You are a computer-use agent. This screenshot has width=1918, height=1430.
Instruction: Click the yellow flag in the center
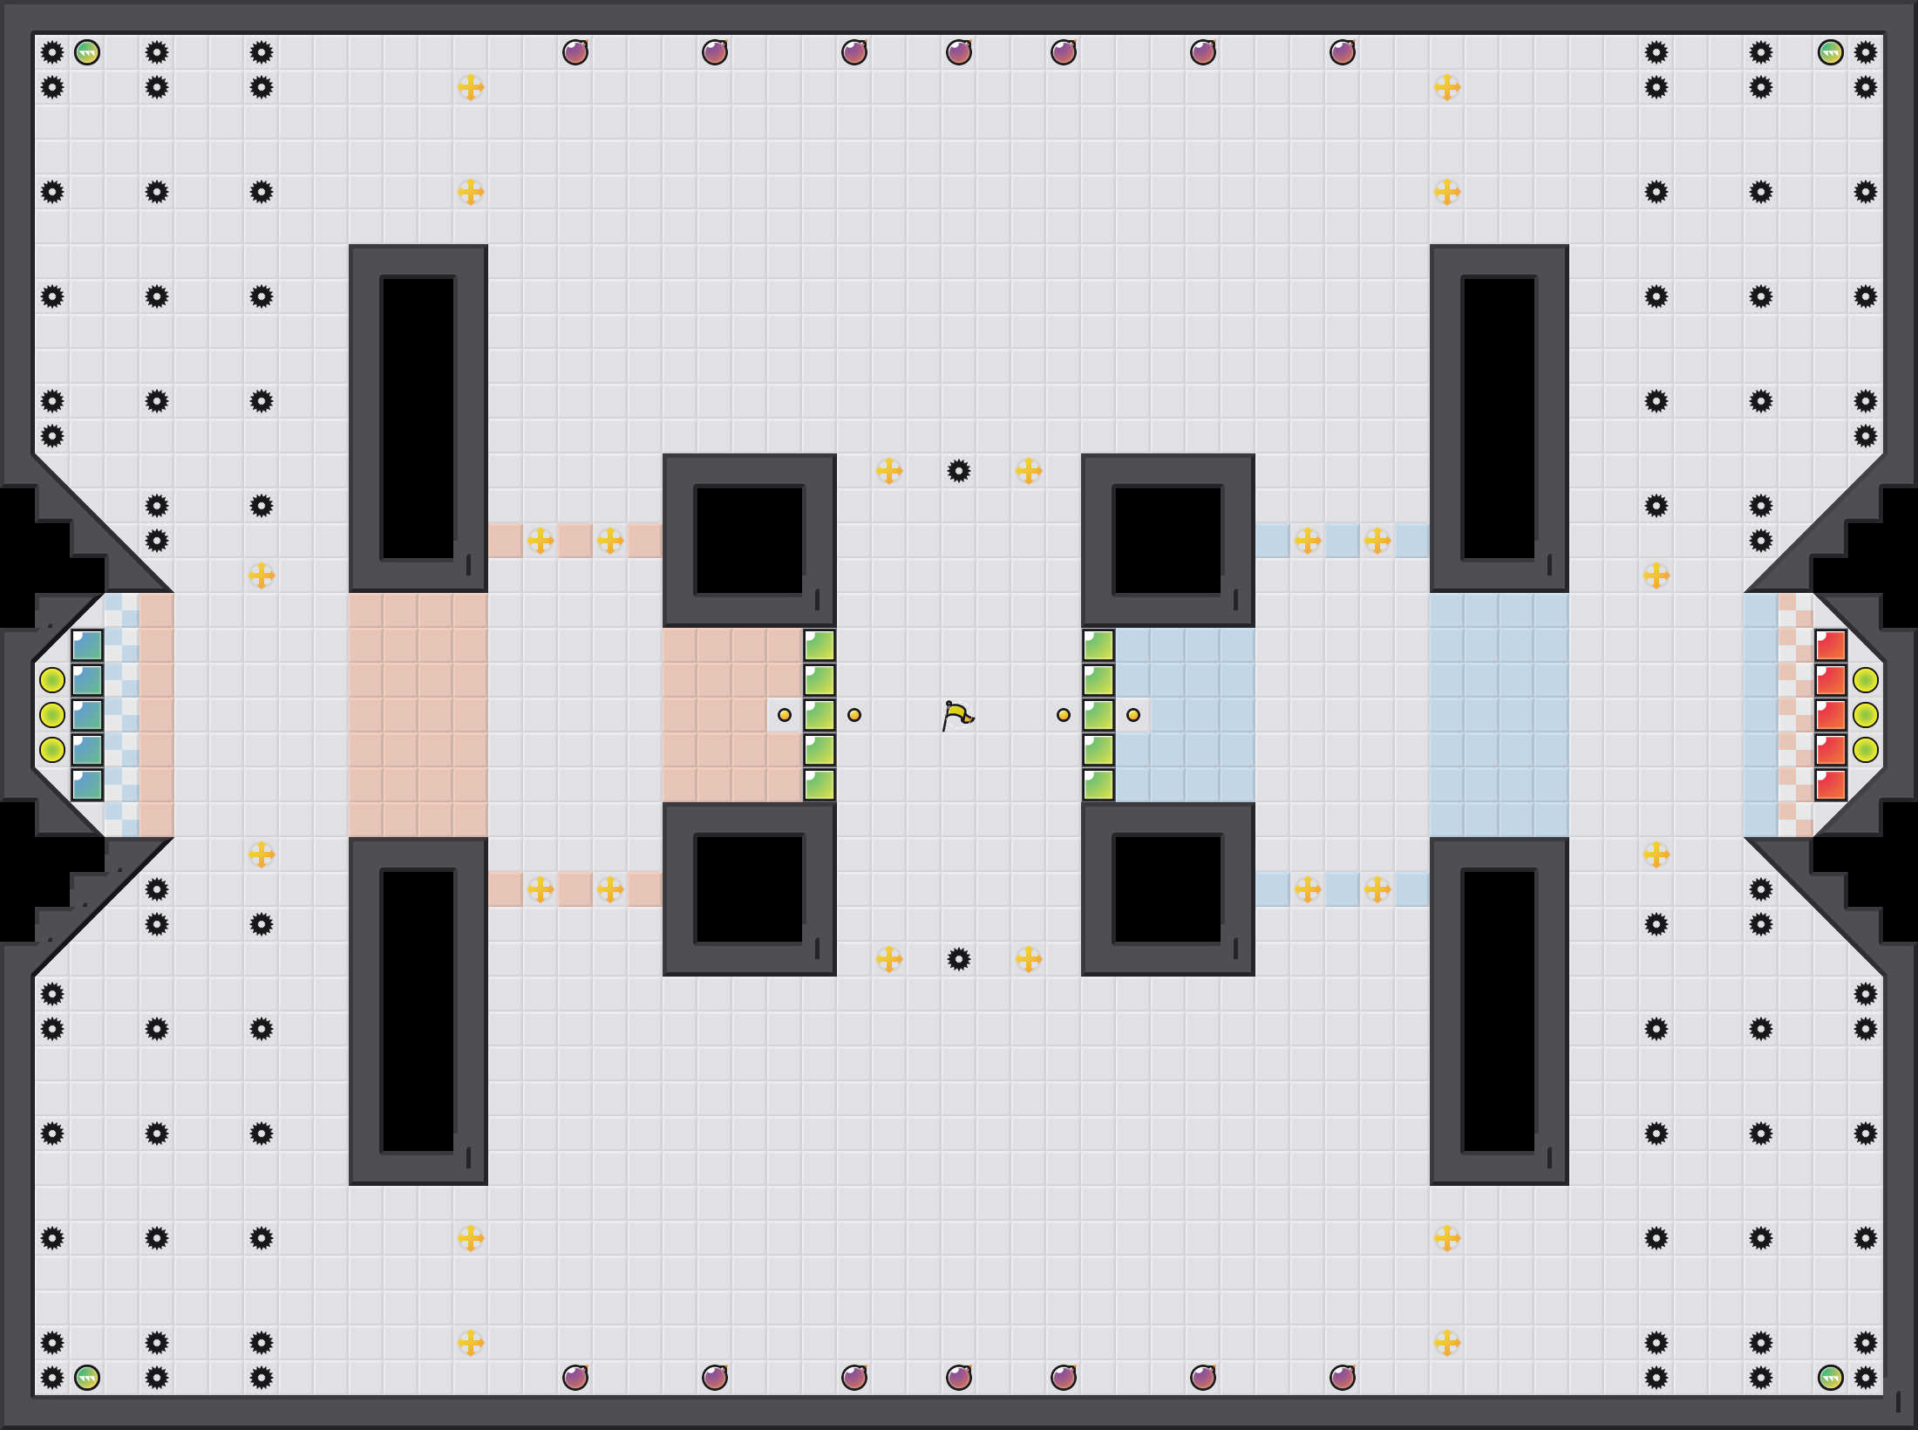pos(958,715)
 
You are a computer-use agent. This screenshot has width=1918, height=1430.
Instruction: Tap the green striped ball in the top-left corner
pos(87,52)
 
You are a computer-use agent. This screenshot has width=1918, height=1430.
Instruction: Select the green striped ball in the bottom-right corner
pos(1831,1378)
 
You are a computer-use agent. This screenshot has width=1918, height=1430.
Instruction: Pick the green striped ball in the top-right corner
pos(1831,52)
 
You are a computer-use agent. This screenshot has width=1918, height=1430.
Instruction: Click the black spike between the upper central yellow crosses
pos(959,471)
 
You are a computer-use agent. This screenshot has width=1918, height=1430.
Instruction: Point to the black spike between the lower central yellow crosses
pos(959,959)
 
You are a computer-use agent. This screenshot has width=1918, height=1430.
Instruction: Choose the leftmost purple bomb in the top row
pos(575,52)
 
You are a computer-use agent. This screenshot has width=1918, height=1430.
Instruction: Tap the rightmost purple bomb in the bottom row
pos(1343,1378)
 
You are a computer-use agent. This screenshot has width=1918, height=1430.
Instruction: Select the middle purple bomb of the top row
pos(959,52)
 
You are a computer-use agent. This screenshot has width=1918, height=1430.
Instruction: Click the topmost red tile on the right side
pos(1831,645)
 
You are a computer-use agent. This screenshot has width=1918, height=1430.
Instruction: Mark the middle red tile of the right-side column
pos(1831,715)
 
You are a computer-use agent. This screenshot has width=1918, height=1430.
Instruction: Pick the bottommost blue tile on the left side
pos(87,785)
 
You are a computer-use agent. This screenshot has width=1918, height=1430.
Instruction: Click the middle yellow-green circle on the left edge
pos(52,715)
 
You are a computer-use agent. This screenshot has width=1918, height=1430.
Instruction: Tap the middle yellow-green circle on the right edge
pos(1866,715)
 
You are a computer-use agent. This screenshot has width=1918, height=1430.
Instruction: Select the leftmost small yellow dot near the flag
pos(785,715)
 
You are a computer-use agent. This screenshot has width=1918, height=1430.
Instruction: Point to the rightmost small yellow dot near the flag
pos(1133,715)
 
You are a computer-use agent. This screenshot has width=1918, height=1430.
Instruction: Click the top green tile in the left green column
pos(820,645)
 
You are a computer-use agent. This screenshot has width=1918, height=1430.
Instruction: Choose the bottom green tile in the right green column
pos(1098,785)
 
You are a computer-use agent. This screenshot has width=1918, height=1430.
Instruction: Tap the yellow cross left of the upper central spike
pos(889,471)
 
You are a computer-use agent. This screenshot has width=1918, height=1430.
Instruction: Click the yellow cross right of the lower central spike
pos(1029,959)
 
